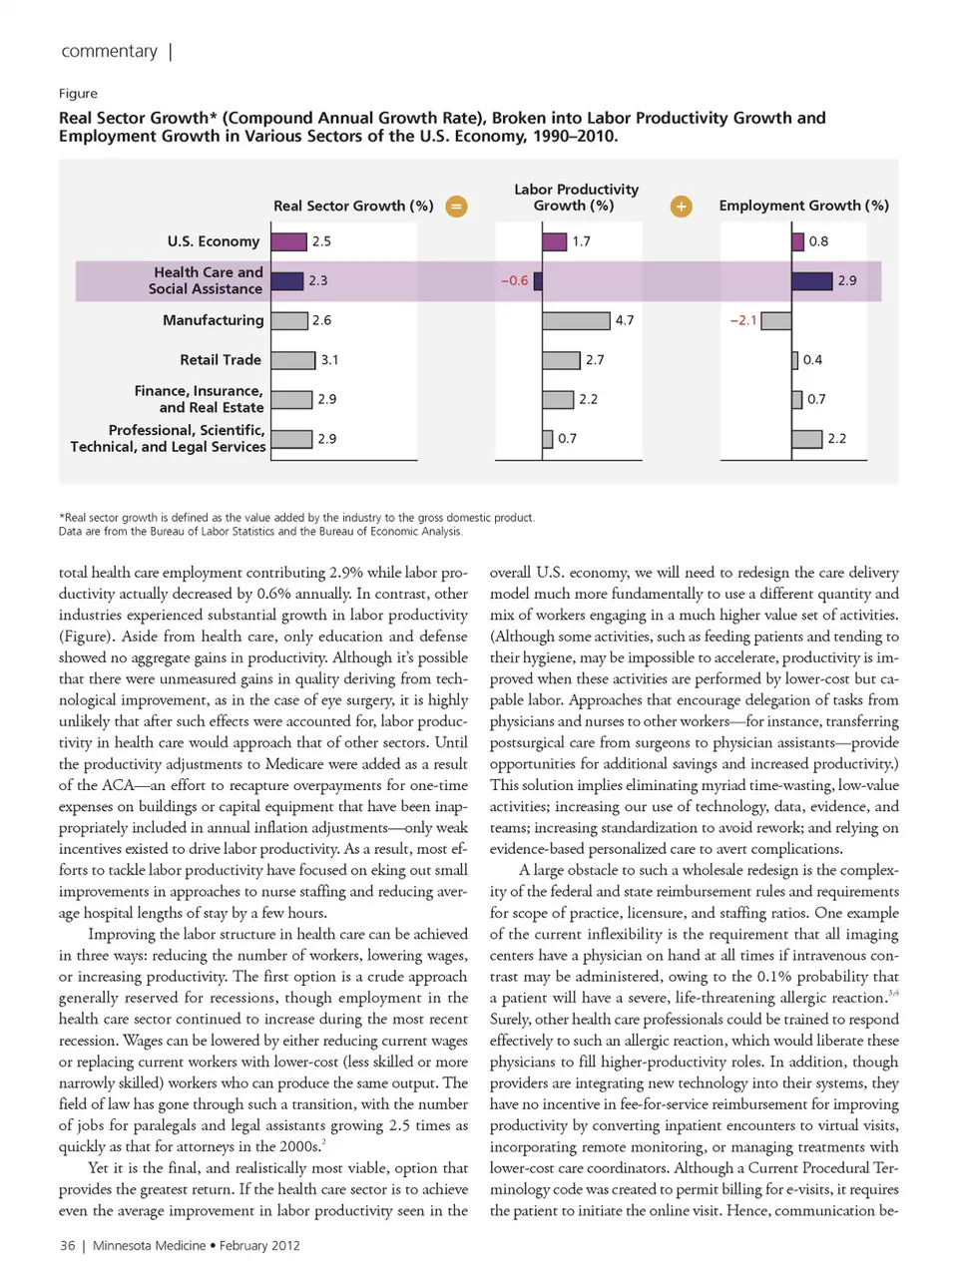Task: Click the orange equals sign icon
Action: pos(456,207)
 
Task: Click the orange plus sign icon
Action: pos(681,207)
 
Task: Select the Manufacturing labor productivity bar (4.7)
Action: pos(576,320)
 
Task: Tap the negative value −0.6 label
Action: pos(514,281)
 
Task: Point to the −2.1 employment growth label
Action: pos(743,320)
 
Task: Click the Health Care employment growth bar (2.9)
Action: pos(811,281)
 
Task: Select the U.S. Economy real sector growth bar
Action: pos(288,241)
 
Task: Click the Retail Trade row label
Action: pos(221,359)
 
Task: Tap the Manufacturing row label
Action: pos(213,320)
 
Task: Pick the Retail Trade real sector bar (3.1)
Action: pos(292,360)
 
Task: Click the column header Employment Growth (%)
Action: pos(803,206)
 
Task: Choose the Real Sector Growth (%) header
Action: pos(353,206)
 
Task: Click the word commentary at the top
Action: pos(109,51)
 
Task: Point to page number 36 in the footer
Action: pos(67,1245)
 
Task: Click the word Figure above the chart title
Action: pos(78,93)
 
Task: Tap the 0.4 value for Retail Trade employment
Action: pos(812,360)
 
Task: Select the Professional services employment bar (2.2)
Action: pos(806,439)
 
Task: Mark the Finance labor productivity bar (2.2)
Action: pos(558,399)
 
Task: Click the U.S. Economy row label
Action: pos(213,241)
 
